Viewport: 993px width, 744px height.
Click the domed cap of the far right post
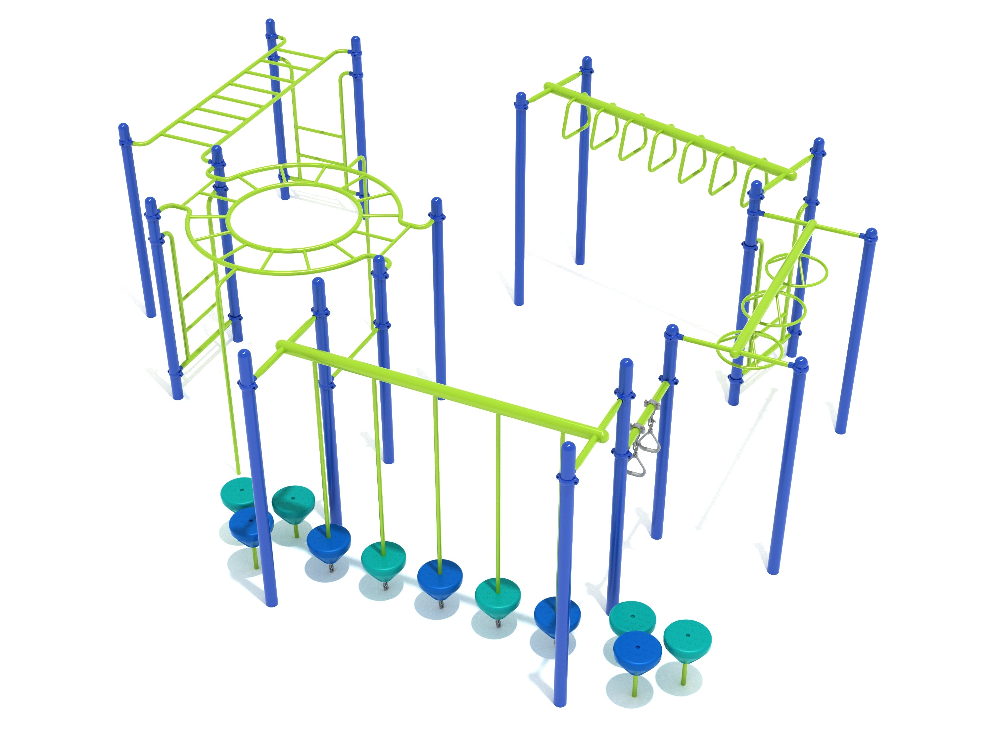871,234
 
